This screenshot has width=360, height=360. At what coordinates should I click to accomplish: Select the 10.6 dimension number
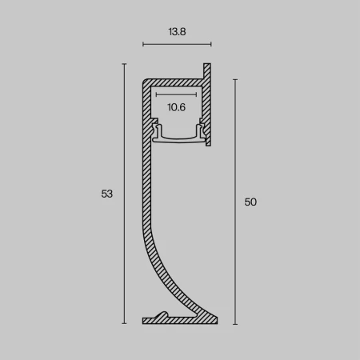click(x=177, y=106)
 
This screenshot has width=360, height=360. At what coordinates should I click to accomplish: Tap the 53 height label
click(x=108, y=194)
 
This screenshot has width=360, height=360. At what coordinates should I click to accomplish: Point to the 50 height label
click(x=250, y=202)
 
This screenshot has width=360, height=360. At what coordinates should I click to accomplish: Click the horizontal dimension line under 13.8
click(x=176, y=45)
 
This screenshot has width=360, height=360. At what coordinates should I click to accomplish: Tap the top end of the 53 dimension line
click(x=125, y=65)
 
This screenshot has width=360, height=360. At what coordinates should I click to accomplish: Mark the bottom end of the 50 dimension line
click(x=235, y=323)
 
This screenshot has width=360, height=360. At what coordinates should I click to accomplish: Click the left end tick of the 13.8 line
click(x=142, y=45)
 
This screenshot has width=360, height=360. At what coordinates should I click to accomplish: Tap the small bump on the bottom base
click(x=162, y=314)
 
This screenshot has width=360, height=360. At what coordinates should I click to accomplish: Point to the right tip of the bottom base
click(x=216, y=320)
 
